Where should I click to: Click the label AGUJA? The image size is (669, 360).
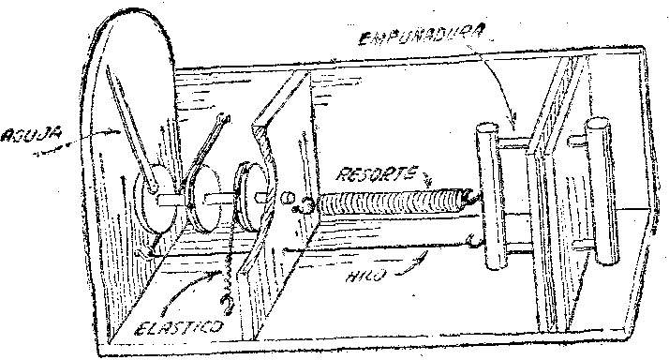pos(30,136)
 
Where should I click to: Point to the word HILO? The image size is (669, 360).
pos(366,275)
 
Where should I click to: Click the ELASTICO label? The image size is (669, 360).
pos(179,326)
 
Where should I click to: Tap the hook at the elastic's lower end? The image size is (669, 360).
pos(227,304)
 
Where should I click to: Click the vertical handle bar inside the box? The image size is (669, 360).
pos(489,197)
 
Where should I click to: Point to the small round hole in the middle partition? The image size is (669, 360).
pos(288,198)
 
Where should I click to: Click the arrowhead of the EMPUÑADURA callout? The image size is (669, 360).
pos(513,118)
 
